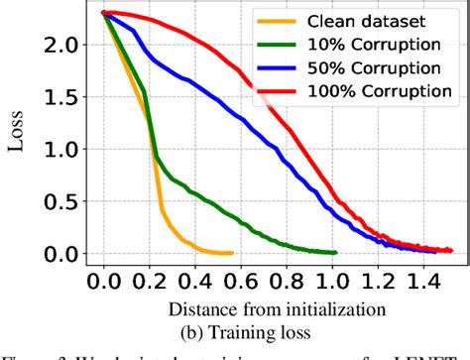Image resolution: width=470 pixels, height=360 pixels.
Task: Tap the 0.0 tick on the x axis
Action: [102, 283]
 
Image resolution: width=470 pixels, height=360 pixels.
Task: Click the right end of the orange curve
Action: [232, 253]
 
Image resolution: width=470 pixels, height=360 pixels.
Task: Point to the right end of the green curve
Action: [336, 252]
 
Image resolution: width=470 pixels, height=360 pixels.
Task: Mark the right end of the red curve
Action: [452, 251]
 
